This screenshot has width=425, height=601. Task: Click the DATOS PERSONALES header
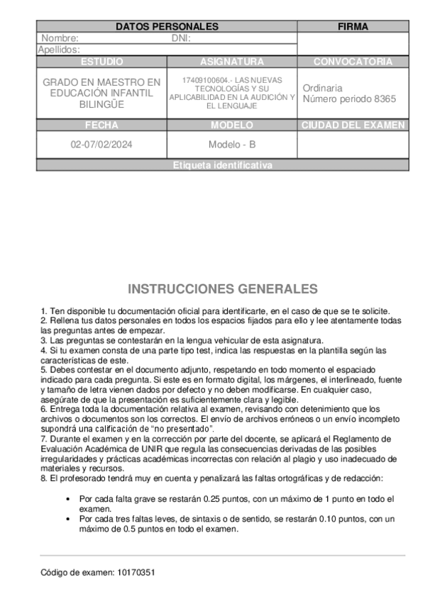click(167, 27)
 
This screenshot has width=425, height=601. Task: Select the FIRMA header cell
click(353, 27)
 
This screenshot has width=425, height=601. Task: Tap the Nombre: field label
click(60, 38)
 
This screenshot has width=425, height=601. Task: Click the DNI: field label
click(182, 38)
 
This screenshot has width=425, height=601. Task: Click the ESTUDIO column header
click(101, 62)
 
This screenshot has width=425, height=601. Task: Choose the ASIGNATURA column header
click(232, 62)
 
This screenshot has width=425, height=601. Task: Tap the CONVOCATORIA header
click(353, 62)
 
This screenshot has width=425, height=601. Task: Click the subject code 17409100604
click(206, 79)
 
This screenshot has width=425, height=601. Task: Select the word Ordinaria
click(322, 88)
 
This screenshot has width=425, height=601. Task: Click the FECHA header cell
click(101, 125)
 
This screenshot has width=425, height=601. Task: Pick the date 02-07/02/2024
click(101, 145)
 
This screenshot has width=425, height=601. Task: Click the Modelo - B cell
click(232, 145)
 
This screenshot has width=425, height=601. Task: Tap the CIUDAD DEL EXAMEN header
click(353, 125)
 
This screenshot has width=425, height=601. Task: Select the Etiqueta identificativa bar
click(222, 165)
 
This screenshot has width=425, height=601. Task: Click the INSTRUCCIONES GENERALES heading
click(222, 289)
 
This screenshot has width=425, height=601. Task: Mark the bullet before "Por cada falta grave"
click(67, 499)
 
